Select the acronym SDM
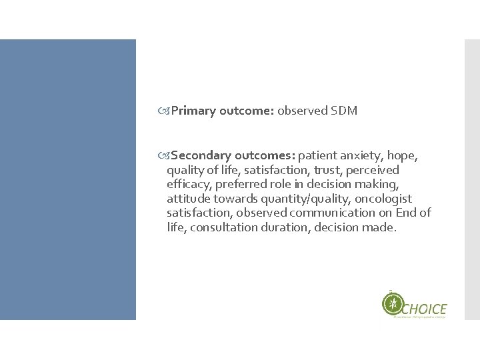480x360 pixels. point(344,111)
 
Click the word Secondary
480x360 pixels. point(200,157)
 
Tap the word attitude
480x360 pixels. point(189,199)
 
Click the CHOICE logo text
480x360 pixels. point(425,308)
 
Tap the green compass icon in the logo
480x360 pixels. point(393,304)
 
